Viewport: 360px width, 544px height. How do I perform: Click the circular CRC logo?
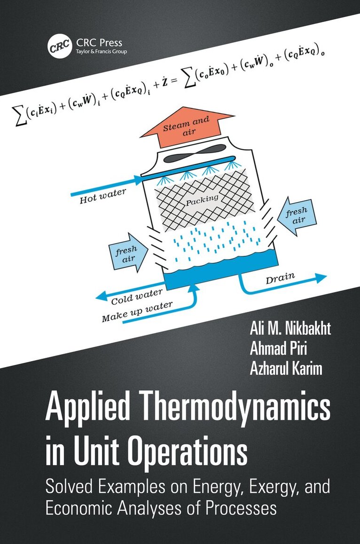click(57, 47)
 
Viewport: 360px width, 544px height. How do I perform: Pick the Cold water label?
click(130, 297)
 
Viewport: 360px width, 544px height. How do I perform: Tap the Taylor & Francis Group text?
click(101, 51)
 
